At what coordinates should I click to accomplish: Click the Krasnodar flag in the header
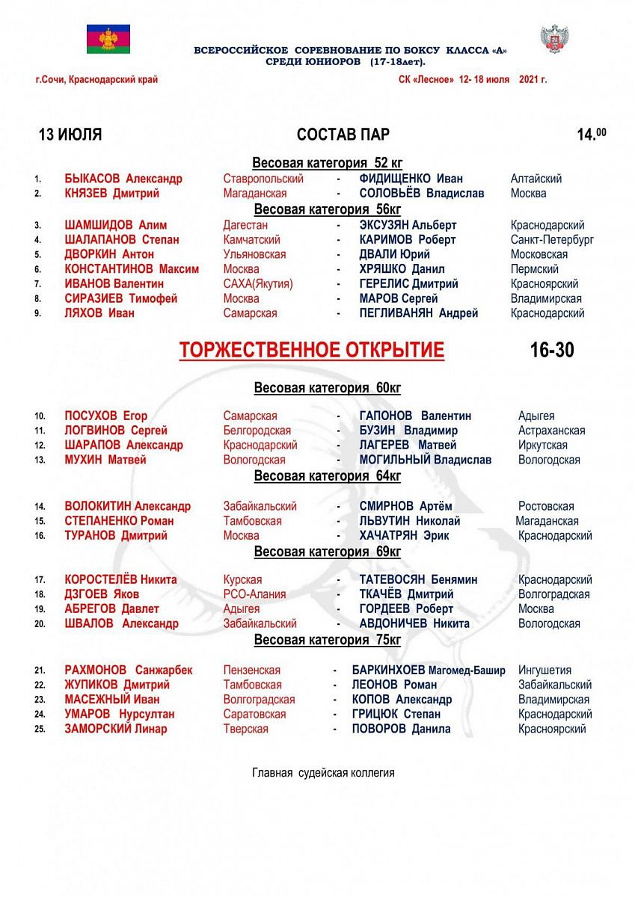tap(108, 38)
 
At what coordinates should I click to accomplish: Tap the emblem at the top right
tap(554, 39)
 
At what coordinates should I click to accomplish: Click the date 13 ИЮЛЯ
tap(70, 135)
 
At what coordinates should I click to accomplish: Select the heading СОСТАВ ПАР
tap(343, 135)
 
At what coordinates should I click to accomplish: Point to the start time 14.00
tap(591, 134)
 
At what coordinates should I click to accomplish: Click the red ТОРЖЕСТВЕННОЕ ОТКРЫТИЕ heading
tap(312, 350)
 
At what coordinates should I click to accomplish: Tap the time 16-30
tap(552, 350)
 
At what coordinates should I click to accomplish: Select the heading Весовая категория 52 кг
tap(327, 163)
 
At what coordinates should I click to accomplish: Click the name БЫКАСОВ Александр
tap(123, 179)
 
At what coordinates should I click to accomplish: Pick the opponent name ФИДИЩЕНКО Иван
tap(411, 179)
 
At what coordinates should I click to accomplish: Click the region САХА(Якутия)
tap(258, 284)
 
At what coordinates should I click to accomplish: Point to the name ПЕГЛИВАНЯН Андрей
tap(418, 313)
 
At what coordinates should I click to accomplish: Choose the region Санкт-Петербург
tap(552, 240)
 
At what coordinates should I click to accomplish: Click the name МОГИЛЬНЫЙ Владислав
tap(426, 460)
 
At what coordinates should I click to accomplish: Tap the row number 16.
tap(40, 536)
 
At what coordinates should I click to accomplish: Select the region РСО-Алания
tap(254, 594)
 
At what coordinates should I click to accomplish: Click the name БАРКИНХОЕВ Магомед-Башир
tap(429, 671)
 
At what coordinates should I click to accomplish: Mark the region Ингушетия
tap(544, 671)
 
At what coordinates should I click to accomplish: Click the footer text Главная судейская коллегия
tap(323, 773)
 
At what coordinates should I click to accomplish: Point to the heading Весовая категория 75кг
tap(328, 640)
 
